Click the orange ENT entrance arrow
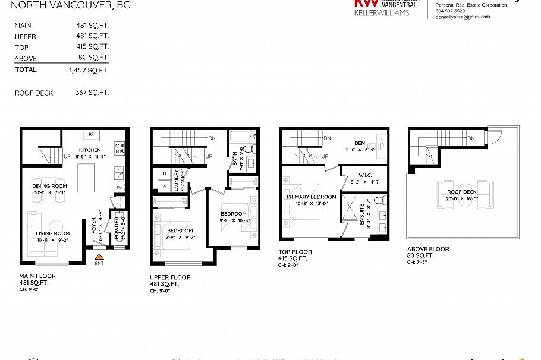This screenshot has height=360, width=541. coord(98,256)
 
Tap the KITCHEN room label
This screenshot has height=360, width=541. coord(90,150)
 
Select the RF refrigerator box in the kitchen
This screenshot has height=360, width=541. coord(92,134)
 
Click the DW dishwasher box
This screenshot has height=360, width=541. coord(119,188)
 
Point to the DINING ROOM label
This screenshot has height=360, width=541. coord(49,186)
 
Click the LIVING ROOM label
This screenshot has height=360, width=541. coord(53,233)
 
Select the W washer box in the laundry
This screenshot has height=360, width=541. coord(164,186)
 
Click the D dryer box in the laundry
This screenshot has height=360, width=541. coord(164,173)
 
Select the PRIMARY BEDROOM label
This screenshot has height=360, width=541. coord(311,197)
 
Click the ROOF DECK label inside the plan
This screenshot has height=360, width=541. coord(461,192)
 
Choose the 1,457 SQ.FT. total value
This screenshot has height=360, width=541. coord(89,70)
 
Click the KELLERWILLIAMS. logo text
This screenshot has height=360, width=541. coord(382,12)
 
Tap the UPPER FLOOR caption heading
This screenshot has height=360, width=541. coord(170,277)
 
